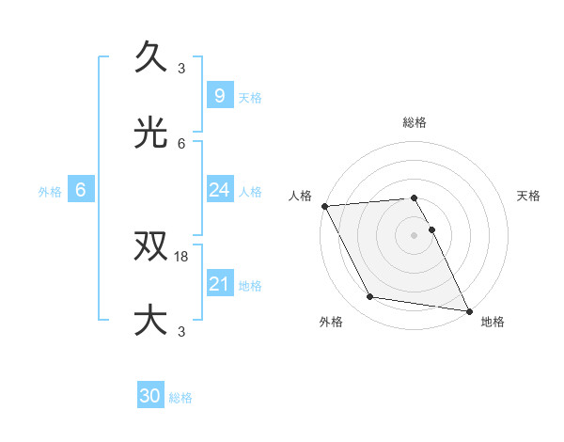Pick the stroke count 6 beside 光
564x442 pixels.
pos(181,143)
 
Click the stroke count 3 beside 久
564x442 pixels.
pos(181,69)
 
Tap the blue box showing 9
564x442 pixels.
pos(219,96)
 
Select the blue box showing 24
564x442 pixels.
pos(219,190)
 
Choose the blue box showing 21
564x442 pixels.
pos(219,284)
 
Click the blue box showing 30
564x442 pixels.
pos(150,396)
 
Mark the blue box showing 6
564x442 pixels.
pos(81,190)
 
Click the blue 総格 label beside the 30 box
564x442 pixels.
pos(180,398)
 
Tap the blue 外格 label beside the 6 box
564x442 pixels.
pos(50,192)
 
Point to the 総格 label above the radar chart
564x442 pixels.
pos(415,122)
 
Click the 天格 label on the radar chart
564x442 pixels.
pos(529,196)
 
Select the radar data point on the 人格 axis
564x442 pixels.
pos(324,206)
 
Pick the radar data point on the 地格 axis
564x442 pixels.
pos(468,310)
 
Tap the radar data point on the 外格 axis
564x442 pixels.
pos(370,297)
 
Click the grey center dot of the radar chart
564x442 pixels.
pos(415,234)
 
